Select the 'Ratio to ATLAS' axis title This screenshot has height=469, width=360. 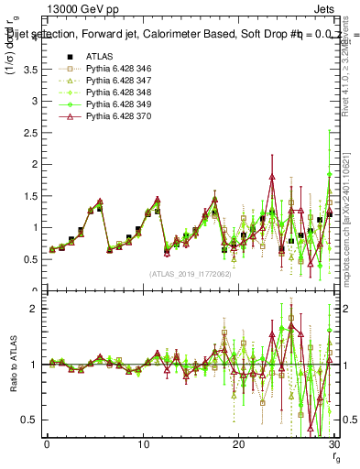(13, 365)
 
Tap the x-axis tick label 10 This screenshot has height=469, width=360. (142, 444)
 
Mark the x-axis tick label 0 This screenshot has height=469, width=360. (47, 444)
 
